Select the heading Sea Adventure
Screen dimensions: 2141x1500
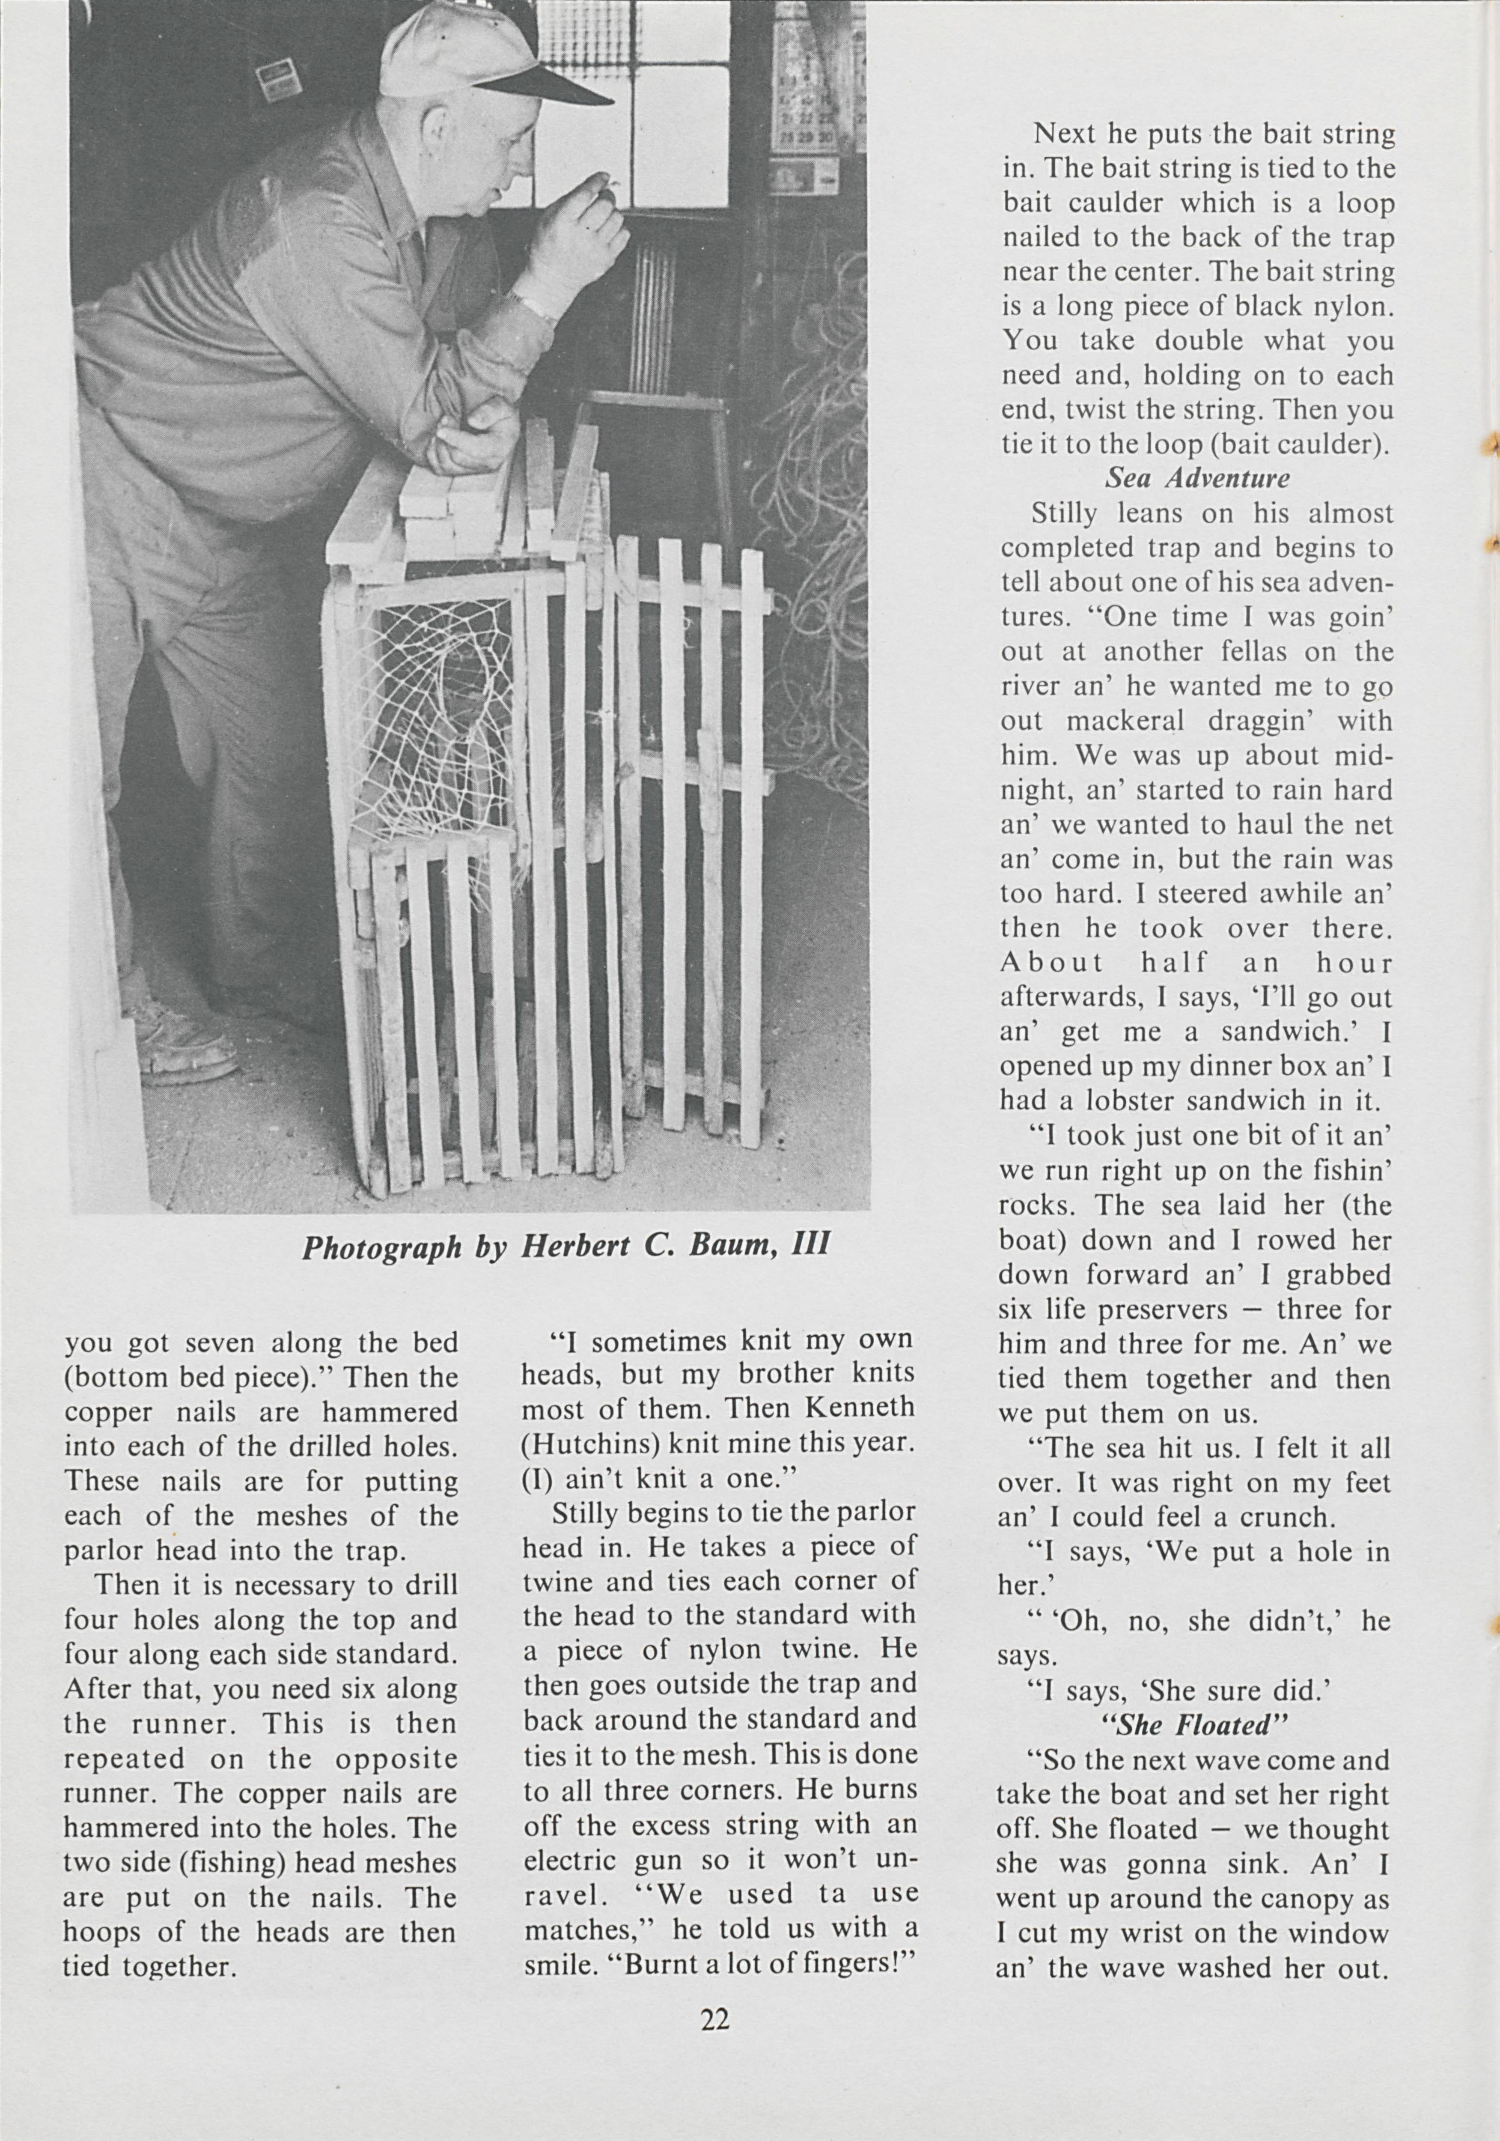1197,478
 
